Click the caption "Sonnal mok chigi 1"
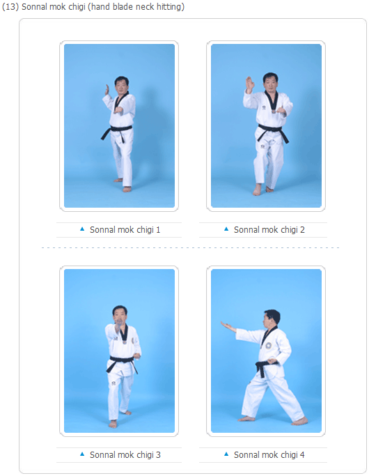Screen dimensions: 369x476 125,230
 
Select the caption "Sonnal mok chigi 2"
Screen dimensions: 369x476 269,230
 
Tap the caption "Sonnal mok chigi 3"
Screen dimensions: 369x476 125,455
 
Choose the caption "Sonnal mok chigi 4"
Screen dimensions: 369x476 269,455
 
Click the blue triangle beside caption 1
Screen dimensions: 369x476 82,229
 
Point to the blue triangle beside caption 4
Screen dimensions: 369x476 226,454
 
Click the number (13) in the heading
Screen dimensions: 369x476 10,7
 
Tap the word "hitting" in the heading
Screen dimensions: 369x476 171,7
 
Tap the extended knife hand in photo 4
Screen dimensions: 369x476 228,326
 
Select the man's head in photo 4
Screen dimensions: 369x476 272,318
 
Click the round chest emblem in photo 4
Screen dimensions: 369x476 269,346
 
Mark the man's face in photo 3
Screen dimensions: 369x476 119,318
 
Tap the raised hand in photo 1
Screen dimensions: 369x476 107,89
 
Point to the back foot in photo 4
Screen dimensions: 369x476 299,421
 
